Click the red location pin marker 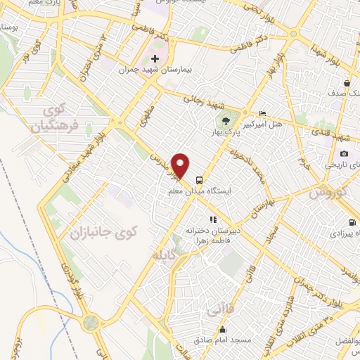click(181, 166)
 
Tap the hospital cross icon click(155, 58)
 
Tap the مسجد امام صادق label click(224, 340)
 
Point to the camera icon click(344, 154)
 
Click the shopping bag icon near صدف click(347, 84)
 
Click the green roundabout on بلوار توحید click(89, 323)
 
